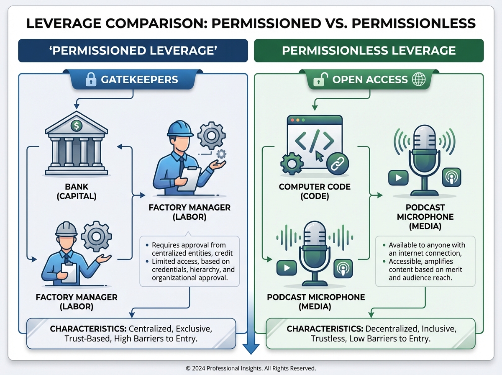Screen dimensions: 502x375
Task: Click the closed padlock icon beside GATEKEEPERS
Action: [x=91, y=79]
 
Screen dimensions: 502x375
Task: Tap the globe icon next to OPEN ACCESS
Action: [x=419, y=79]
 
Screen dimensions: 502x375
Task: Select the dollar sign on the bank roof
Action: [x=77, y=126]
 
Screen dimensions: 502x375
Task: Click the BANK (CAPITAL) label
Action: [x=77, y=191]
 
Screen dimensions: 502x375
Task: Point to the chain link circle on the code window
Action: [x=337, y=164]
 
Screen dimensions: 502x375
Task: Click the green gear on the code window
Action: [x=292, y=164]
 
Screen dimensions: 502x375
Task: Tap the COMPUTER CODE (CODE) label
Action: [x=315, y=191]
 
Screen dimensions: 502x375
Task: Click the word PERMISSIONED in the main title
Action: [x=266, y=23]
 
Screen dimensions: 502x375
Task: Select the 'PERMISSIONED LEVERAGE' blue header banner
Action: [x=133, y=51]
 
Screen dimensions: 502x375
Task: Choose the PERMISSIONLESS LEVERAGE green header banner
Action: [x=369, y=51]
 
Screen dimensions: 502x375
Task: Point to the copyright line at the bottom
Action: [x=251, y=368]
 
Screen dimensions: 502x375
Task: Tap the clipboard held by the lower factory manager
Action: [x=69, y=273]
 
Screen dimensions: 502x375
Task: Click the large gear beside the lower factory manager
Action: [x=96, y=236]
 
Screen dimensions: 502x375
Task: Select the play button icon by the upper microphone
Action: [x=398, y=177]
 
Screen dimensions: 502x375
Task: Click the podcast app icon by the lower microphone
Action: [x=343, y=268]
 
